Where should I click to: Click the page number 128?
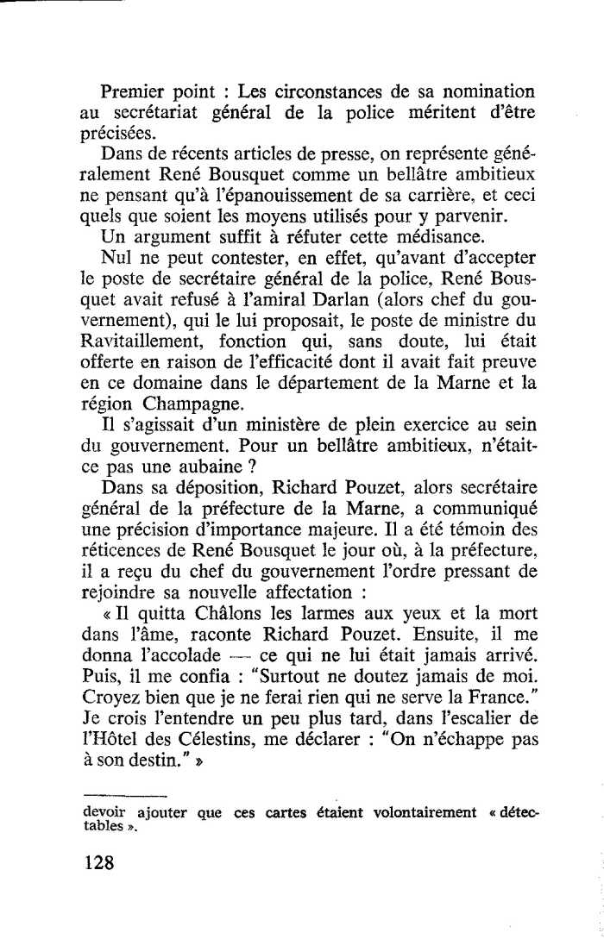point(99,864)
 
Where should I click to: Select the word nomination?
point(493,91)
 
